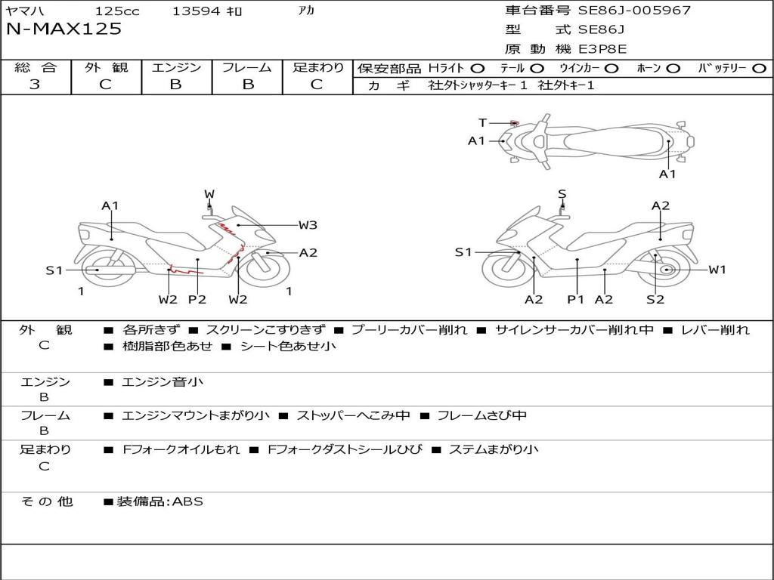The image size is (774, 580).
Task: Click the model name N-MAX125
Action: point(64,29)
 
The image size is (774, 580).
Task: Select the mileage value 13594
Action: point(196,11)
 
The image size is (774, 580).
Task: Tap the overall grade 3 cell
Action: point(36,85)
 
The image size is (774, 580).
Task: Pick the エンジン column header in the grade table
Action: point(176,68)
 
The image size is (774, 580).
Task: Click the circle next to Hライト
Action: point(478,68)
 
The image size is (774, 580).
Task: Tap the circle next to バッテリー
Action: point(759,68)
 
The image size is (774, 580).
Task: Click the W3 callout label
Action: point(308,225)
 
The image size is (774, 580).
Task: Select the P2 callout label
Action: point(197,299)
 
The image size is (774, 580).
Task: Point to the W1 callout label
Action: point(717,270)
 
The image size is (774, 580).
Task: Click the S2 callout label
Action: point(655,299)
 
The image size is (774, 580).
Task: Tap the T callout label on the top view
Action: point(482,122)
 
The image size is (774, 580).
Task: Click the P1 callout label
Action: point(576,299)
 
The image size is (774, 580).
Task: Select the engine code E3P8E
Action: point(602,49)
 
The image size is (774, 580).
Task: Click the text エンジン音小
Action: point(163,382)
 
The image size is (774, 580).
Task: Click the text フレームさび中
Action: point(481,415)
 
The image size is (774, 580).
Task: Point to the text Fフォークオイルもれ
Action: point(181,449)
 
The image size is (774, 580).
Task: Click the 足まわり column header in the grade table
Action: point(317,68)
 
